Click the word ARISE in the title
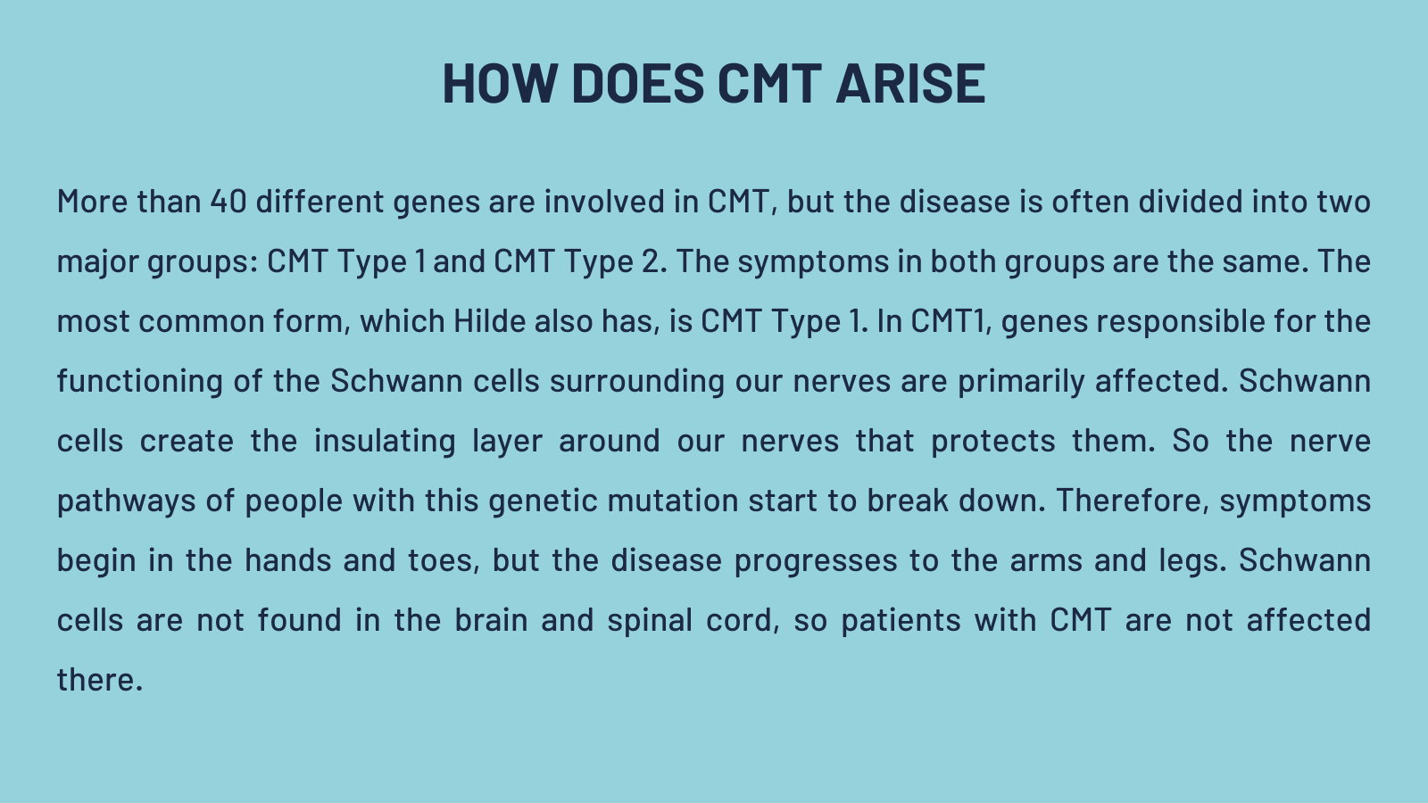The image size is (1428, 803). point(911,84)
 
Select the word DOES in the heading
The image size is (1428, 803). point(637,84)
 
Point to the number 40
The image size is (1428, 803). point(228,202)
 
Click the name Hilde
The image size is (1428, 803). point(490,320)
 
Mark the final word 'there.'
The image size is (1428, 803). point(99,679)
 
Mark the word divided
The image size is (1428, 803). point(1191,202)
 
